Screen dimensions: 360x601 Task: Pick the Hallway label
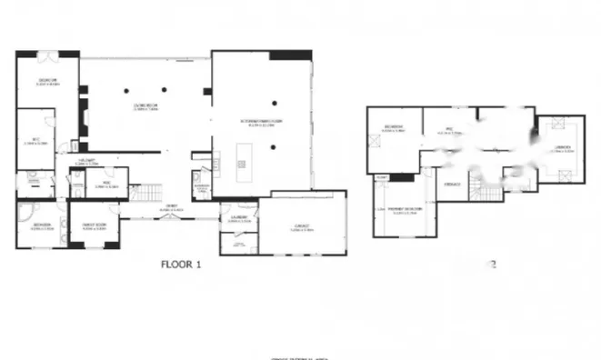pos(87,164)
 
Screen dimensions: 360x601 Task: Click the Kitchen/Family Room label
pos(263,123)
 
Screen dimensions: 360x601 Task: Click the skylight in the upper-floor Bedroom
pos(375,140)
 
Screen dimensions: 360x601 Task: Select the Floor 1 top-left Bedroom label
pos(48,82)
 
